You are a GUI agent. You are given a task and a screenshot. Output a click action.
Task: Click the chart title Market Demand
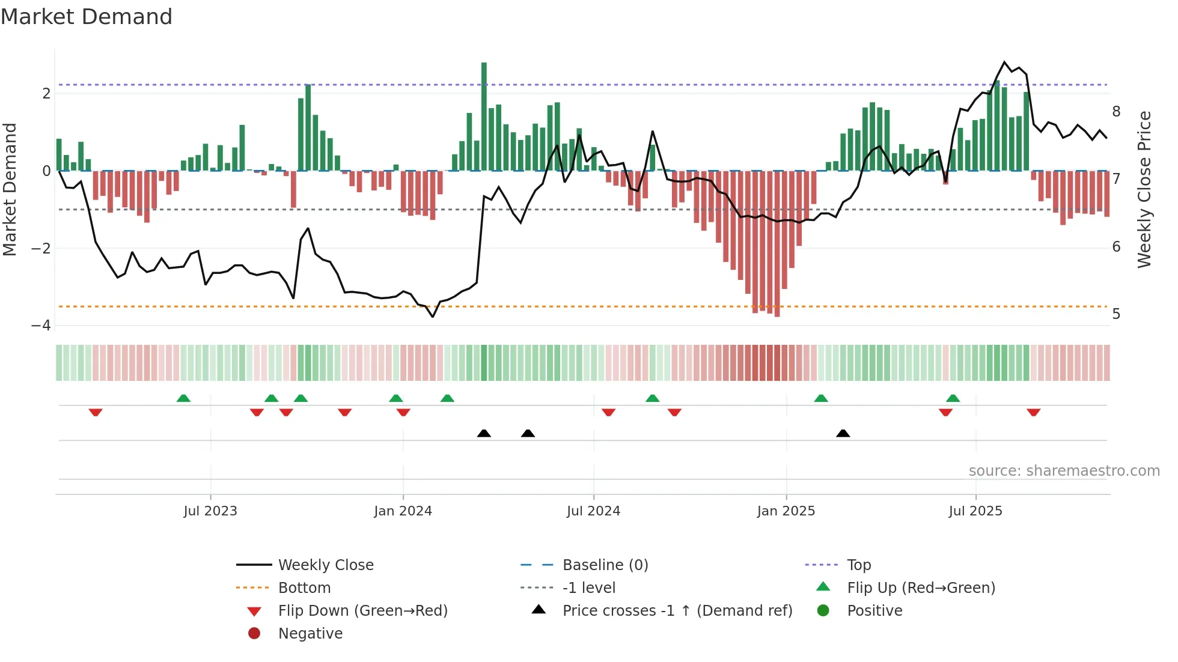pos(87,17)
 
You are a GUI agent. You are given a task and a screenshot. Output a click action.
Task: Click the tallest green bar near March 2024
pos(484,114)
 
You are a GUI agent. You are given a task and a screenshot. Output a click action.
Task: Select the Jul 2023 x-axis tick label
pos(210,511)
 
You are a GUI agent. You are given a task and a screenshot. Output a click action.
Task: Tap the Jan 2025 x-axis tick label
pos(786,511)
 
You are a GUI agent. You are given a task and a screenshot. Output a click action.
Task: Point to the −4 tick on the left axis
pos(41,326)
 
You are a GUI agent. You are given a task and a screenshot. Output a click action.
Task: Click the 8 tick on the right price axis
pos(1116,112)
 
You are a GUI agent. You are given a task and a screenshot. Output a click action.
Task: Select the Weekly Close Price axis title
pos(1144,189)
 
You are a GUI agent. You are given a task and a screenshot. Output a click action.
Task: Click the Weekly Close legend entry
pos(325,565)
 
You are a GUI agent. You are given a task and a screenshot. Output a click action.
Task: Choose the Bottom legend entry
pos(304,588)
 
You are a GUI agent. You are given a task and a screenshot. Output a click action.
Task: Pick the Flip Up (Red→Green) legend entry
pos(920,588)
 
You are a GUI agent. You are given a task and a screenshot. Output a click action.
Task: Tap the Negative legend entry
pos(310,634)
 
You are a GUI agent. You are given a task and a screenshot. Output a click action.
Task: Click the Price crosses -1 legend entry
pos(677,611)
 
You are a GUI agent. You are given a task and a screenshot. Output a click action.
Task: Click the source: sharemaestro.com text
pos(1064,471)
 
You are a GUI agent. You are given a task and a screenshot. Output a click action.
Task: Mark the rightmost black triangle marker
pos(843,433)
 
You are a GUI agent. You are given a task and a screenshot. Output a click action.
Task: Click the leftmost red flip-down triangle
pos(96,412)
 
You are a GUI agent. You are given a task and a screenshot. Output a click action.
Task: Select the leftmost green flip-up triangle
pos(183,398)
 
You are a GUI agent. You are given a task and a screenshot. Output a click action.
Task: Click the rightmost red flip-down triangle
pos(1033,412)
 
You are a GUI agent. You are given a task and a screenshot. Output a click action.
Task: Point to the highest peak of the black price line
pos(1004,62)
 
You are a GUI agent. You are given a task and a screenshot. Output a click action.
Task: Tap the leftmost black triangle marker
pos(484,433)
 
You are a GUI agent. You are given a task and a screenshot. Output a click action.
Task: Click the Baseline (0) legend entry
pos(605,565)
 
